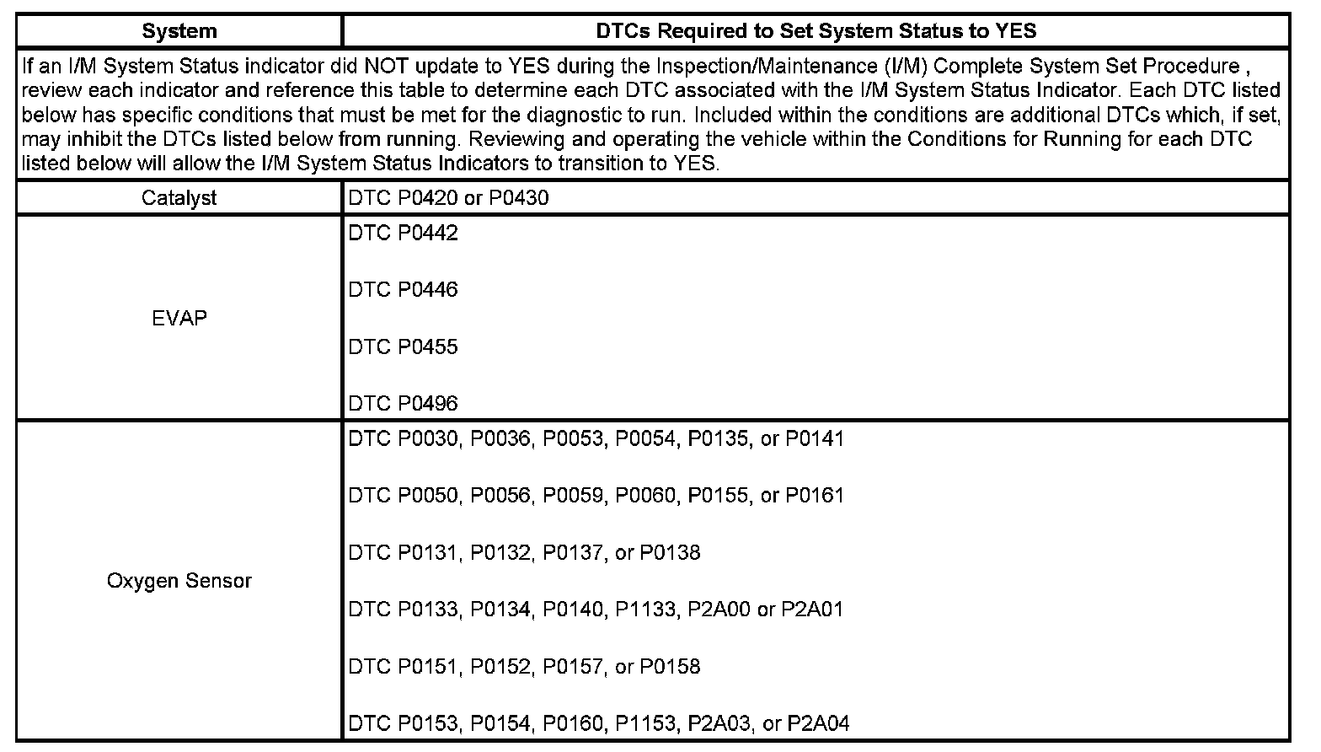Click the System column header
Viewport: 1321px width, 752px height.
(x=179, y=31)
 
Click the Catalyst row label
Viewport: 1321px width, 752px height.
(x=179, y=198)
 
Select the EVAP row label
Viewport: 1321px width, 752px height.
(x=179, y=318)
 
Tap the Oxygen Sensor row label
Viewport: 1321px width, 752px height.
(x=179, y=581)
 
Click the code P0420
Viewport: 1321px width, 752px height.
(x=428, y=198)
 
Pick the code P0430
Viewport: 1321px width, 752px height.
(x=519, y=198)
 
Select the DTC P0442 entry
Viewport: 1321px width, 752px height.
(x=404, y=233)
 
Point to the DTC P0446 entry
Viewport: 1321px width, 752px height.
(x=404, y=290)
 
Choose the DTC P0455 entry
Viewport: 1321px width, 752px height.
(x=404, y=346)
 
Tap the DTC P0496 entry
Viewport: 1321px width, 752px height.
(x=404, y=404)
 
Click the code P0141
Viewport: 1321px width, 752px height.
(x=815, y=438)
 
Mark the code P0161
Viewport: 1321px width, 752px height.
(x=815, y=496)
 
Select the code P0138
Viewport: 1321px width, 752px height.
(x=670, y=553)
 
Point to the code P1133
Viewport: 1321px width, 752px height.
(x=646, y=610)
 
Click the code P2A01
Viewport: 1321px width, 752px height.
(x=812, y=610)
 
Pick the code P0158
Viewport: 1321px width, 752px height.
(x=670, y=667)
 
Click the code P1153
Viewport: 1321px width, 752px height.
(x=646, y=723)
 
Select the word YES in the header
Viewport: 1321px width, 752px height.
(x=1013, y=31)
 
